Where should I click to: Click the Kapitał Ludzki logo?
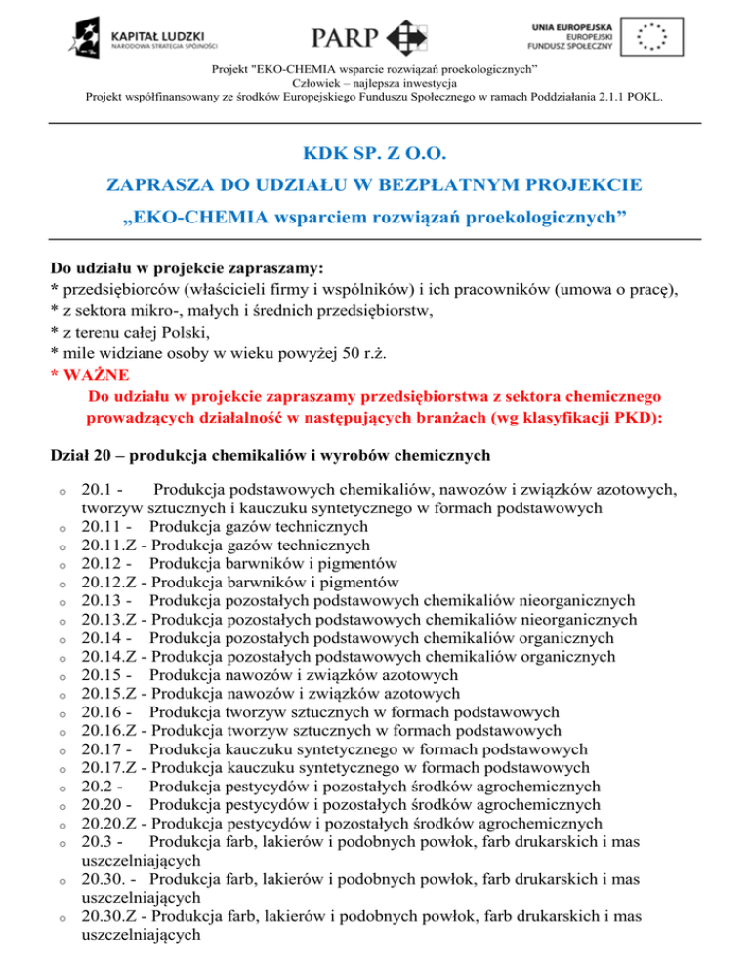146,36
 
